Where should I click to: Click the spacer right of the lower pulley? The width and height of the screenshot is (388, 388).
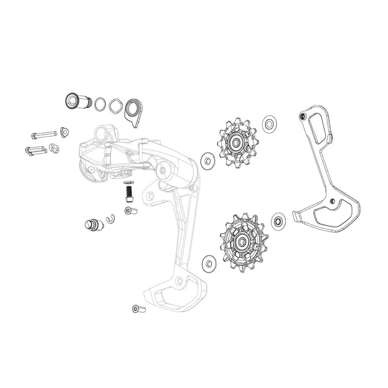click(277, 221)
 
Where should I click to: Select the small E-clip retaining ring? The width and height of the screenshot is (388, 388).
click(111, 219)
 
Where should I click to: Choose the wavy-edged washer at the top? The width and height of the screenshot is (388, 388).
click(116, 105)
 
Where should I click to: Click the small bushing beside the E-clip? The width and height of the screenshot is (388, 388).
click(130, 211)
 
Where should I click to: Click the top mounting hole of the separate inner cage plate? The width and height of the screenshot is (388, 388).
click(303, 116)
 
